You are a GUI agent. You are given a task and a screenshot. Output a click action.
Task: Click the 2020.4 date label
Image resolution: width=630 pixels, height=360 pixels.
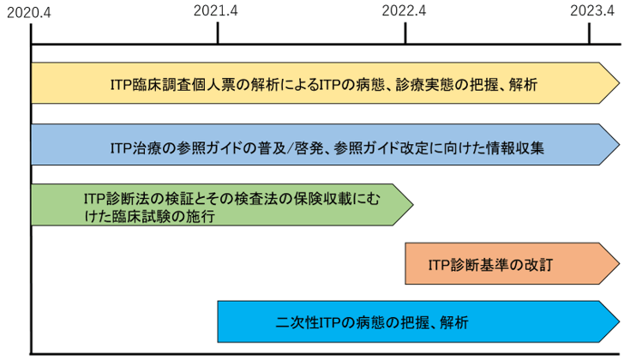tap(29, 13)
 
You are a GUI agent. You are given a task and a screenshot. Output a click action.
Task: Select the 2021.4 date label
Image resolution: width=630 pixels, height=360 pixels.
tap(216, 10)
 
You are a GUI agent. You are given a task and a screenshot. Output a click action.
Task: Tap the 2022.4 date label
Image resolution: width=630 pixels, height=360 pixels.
tap(404, 10)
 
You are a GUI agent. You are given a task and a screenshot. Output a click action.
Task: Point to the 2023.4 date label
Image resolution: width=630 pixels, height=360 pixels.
tap(592, 10)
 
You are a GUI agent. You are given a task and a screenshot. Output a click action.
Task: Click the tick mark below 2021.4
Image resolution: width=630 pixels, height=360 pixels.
tap(218, 33)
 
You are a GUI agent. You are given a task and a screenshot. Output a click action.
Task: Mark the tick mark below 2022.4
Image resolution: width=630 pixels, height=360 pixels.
tap(405, 33)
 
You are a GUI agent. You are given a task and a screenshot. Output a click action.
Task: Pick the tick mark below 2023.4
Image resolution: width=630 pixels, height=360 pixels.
tap(590, 33)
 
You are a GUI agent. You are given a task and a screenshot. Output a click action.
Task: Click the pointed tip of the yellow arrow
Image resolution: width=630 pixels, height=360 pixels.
tap(620, 83)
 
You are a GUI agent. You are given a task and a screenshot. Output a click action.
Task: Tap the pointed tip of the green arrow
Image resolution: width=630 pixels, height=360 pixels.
tap(413, 205)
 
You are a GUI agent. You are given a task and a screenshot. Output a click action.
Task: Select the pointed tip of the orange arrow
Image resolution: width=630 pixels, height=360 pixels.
tap(620, 264)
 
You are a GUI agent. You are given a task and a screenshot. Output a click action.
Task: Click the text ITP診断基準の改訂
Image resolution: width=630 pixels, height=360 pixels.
tap(490, 265)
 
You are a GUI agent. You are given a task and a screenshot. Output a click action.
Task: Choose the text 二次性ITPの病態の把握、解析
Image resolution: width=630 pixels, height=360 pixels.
tap(372, 322)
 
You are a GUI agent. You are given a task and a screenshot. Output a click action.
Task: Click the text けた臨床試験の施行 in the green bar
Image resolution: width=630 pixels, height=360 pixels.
tap(149, 217)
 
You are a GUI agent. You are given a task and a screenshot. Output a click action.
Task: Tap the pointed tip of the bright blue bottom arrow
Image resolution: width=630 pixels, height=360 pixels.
tap(620, 321)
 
